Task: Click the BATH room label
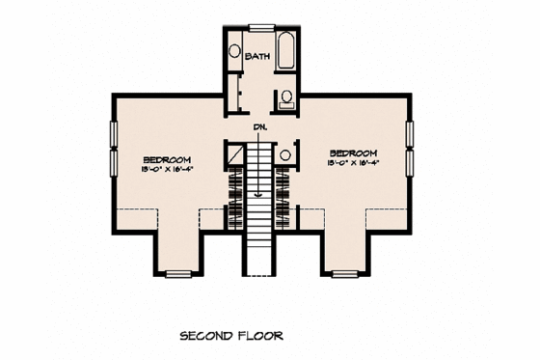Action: [257, 57]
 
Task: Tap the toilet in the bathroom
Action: [286, 97]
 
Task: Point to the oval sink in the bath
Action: [234, 52]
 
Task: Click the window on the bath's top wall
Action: [261, 26]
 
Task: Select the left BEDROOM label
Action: [167, 158]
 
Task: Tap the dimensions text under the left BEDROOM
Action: [167, 169]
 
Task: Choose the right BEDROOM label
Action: [351, 152]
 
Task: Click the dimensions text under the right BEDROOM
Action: [351, 163]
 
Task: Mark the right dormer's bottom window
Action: [343, 274]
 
